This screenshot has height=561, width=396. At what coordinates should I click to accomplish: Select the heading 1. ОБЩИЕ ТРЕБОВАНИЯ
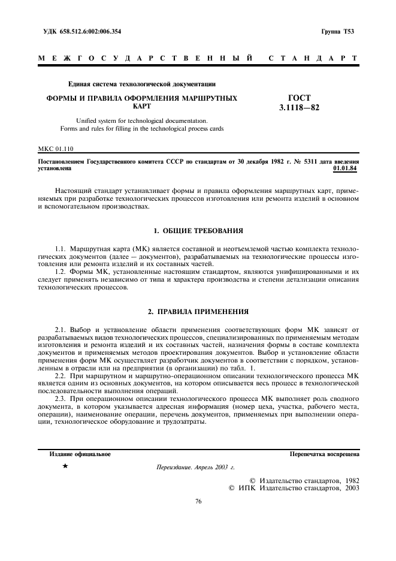(x=198, y=230)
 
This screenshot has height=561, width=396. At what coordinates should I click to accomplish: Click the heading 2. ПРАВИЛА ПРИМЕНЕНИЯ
(x=198, y=312)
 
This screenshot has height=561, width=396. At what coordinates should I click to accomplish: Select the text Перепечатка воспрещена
(x=324, y=454)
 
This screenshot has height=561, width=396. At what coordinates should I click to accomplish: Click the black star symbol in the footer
(x=65, y=466)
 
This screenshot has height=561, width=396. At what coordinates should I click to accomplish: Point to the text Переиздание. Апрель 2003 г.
(x=195, y=467)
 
